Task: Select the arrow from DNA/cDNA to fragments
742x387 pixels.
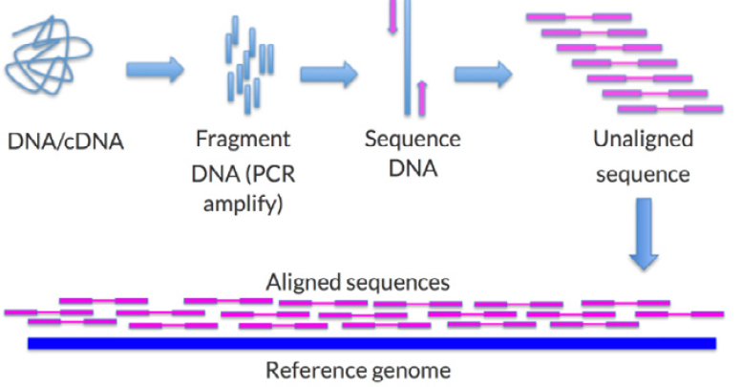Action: (x=155, y=69)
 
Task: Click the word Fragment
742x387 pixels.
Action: (x=243, y=140)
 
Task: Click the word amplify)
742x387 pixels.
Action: (x=243, y=204)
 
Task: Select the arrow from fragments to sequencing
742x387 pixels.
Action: (x=329, y=74)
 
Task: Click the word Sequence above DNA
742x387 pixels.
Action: (x=413, y=140)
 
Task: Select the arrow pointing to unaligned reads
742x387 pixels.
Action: (x=483, y=74)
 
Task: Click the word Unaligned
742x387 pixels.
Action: (x=643, y=140)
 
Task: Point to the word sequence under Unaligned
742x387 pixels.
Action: (x=643, y=175)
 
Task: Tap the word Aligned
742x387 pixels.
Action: (x=304, y=283)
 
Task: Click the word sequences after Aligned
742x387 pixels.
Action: (x=396, y=283)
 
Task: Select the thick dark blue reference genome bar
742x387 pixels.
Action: (x=371, y=343)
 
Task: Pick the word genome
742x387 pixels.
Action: (x=409, y=371)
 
